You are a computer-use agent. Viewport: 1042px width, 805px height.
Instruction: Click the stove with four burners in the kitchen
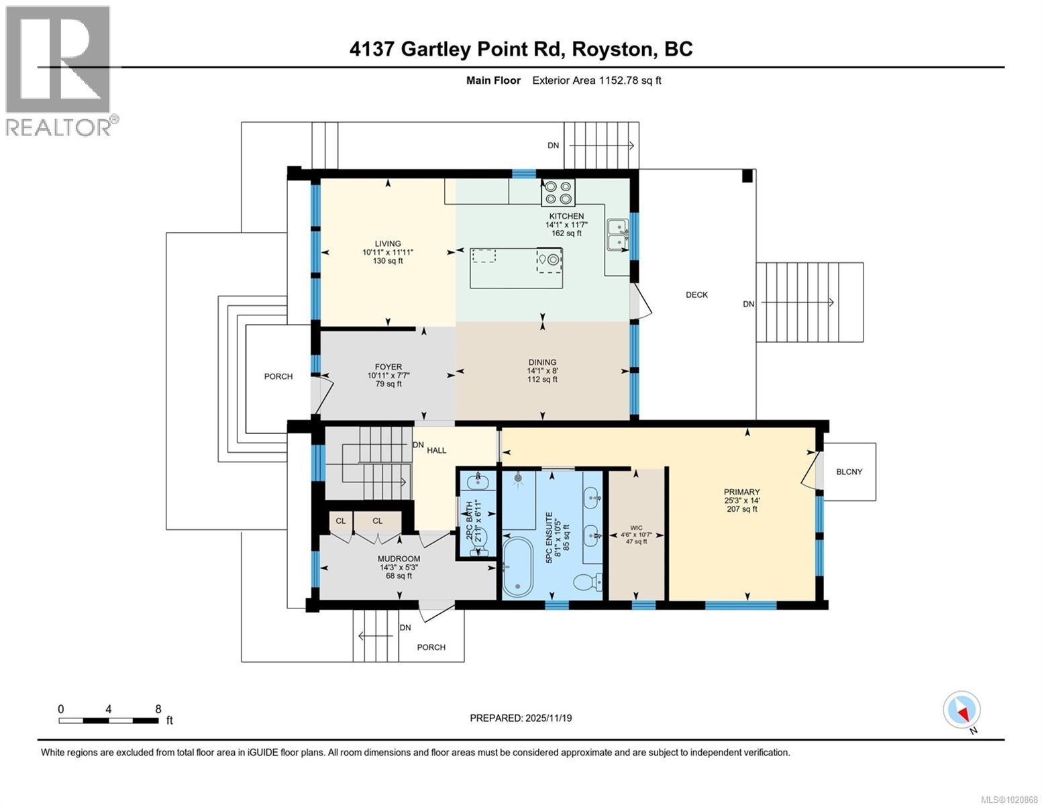click(x=559, y=193)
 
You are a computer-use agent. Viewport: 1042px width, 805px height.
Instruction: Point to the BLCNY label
click(x=849, y=472)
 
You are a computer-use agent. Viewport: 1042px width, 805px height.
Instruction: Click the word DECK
click(x=696, y=294)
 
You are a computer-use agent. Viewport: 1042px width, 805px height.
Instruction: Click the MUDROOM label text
click(x=399, y=559)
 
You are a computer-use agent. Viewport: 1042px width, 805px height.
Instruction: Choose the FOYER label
click(x=388, y=367)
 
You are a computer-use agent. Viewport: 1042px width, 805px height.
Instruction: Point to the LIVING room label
click(x=388, y=244)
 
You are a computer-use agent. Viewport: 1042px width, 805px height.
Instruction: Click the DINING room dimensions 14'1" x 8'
click(x=542, y=371)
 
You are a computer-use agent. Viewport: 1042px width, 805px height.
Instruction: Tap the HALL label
click(x=436, y=450)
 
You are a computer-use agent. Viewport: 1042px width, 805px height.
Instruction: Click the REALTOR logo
click(x=59, y=70)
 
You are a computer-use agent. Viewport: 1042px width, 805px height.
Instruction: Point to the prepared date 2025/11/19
click(x=521, y=718)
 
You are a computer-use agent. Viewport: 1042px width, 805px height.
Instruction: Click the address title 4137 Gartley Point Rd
click(x=521, y=49)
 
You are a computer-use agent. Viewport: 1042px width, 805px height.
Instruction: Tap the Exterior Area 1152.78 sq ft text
click(x=596, y=80)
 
